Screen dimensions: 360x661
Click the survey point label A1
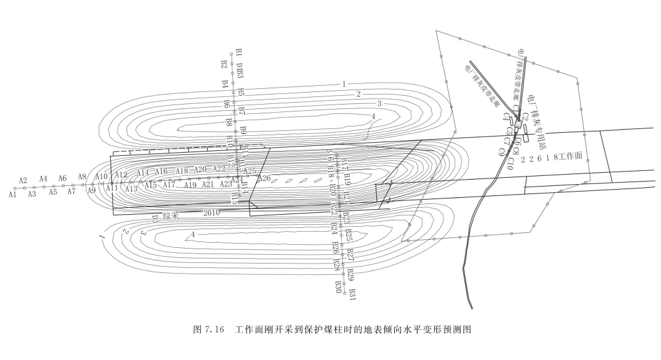click(12, 195)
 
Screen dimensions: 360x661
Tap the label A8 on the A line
click(82, 177)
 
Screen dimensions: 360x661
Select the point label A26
click(264, 178)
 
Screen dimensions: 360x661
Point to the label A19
click(190, 185)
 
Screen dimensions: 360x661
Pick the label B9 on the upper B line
click(243, 130)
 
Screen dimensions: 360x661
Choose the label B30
click(338, 286)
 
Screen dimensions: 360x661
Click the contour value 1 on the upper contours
click(344, 83)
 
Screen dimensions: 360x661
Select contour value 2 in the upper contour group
click(359, 94)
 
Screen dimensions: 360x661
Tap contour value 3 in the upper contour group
click(379, 103)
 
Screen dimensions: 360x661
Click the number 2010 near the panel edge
click(212, 213)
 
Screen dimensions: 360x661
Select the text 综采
click(172, 215)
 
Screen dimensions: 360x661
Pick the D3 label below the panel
click(155, 219)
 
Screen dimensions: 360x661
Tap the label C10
click(510, 164)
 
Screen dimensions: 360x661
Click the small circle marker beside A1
click(14, 188)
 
